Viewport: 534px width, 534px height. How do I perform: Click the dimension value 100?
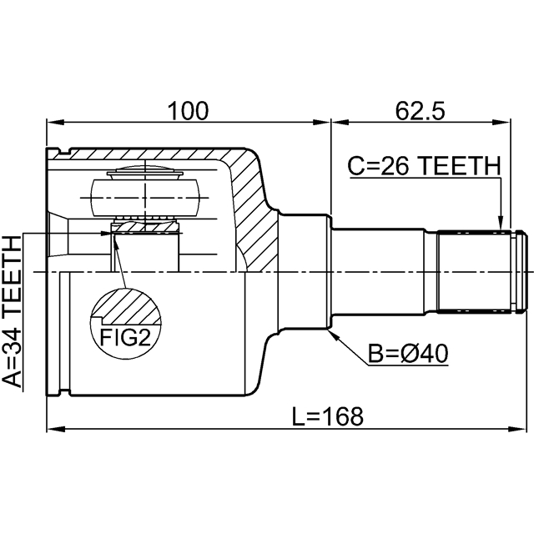[188, 109]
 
